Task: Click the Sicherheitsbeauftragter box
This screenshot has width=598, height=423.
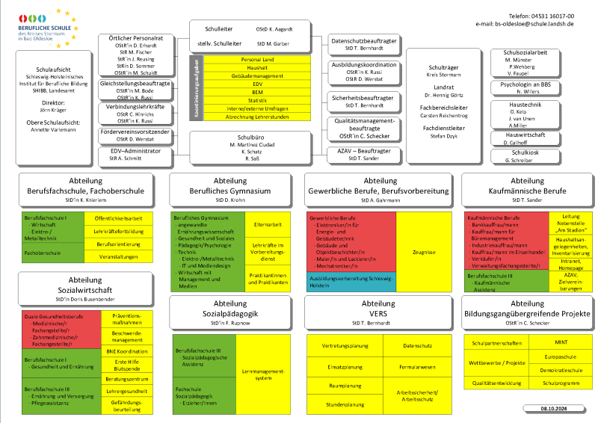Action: pos(363,101)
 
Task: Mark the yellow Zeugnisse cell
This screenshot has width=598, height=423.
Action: pos(423,253)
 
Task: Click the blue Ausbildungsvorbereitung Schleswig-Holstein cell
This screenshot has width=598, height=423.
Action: pos(350,282)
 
